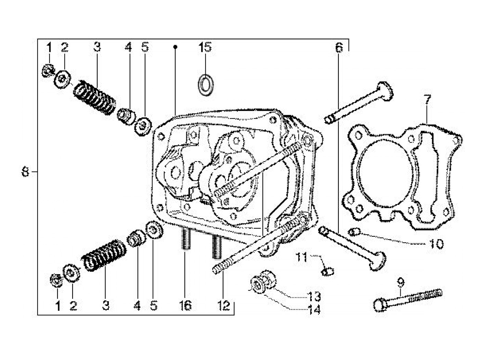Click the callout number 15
[x=205, y=47]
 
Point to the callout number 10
[x=436, y=244]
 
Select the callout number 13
[x=314, y=296]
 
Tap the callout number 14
[x=314, y=310]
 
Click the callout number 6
[x=338, y=48]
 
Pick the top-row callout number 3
[x=97, y=47]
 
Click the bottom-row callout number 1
[x=57, y=306]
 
